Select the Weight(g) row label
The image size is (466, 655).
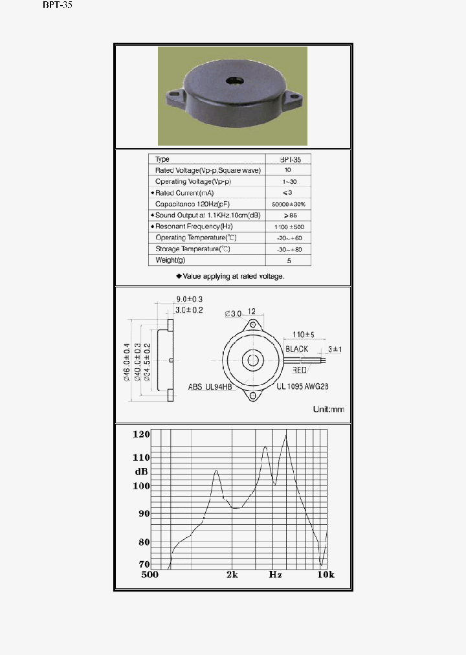coord(170,260)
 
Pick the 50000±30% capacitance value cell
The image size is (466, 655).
coord(289,204)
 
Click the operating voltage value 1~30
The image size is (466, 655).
coord(288,181)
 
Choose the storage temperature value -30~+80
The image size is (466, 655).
coord(289,249)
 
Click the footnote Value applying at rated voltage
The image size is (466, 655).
coord(230,276)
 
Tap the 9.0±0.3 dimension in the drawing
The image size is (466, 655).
coord(190,298)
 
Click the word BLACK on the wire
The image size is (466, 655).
coord(297,350)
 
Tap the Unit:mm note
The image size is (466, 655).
coord(328,409)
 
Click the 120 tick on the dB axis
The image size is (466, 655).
coord(141,434)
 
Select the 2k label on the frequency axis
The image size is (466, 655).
coord(233,575)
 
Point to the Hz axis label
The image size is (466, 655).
coord(276,575)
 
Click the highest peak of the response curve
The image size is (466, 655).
coord(285,436)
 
